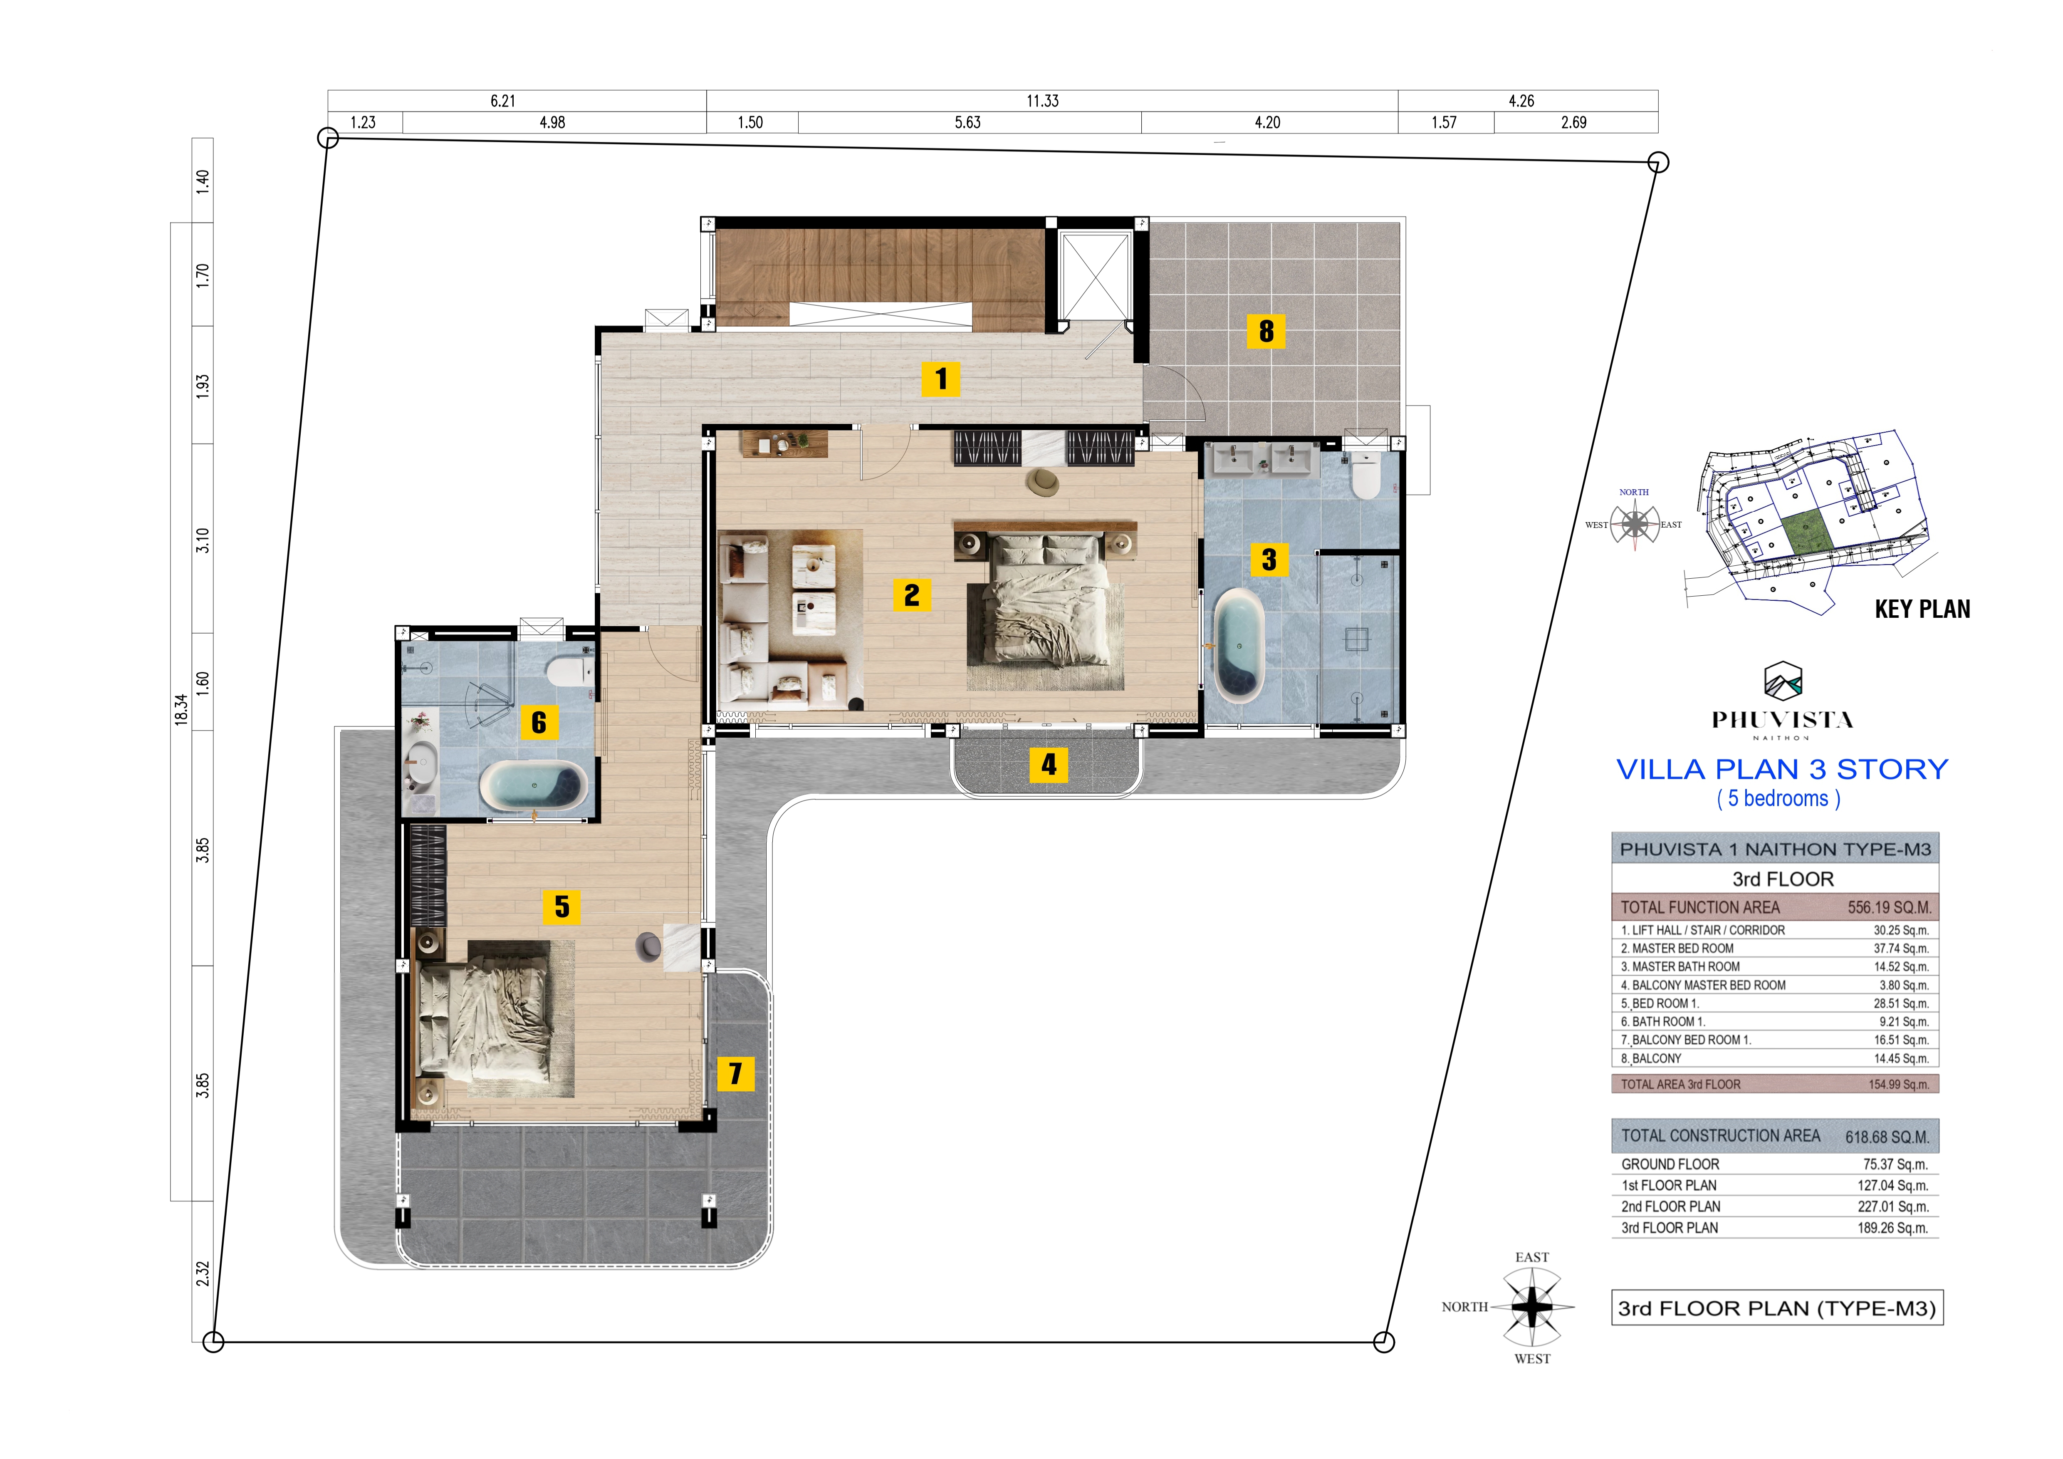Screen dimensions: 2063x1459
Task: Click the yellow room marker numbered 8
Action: pos(1266,331)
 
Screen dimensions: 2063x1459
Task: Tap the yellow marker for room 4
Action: pos(1049,764)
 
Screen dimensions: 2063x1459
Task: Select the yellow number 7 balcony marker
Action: pos(735,1073)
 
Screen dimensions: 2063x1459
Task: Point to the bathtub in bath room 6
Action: pos(534,786)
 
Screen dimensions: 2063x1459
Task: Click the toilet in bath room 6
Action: pos(570,670)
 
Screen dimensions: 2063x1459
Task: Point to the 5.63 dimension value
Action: pos(968,122)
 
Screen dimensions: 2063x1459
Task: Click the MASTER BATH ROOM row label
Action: pos(1680,966)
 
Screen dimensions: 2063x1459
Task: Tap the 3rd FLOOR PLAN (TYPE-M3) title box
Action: pos(1777,1308)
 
